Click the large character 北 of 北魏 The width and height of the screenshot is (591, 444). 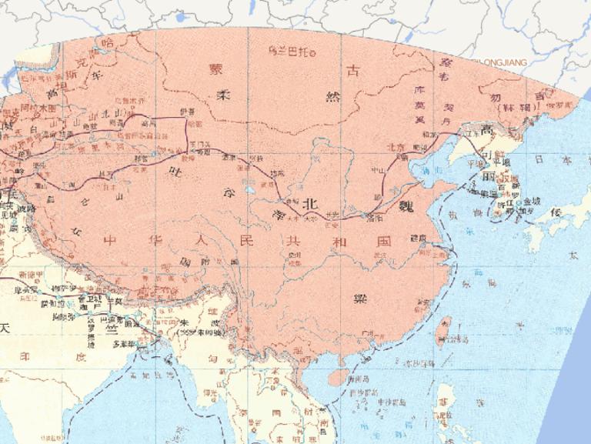(309, 204)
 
